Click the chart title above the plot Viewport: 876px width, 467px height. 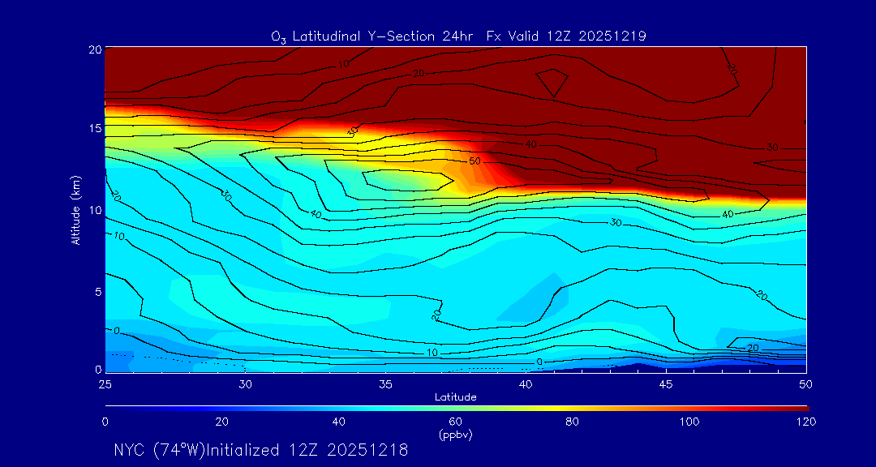(x=458, y=36)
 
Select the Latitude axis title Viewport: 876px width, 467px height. (x=455, y=396)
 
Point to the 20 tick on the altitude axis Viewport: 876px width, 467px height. (x=93, y=49)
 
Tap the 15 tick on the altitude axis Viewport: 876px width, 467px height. (x=93, y=129)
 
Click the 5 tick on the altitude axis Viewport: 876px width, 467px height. (x=96, y=291)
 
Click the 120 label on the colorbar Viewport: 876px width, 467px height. (x=806, y=422)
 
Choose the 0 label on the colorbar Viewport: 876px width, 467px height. (x=105, y=422)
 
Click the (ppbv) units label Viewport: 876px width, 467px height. (x=455, y=435)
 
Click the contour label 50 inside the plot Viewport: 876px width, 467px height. (x=474, y=161)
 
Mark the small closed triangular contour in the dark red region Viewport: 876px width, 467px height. (x=552, y=82)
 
